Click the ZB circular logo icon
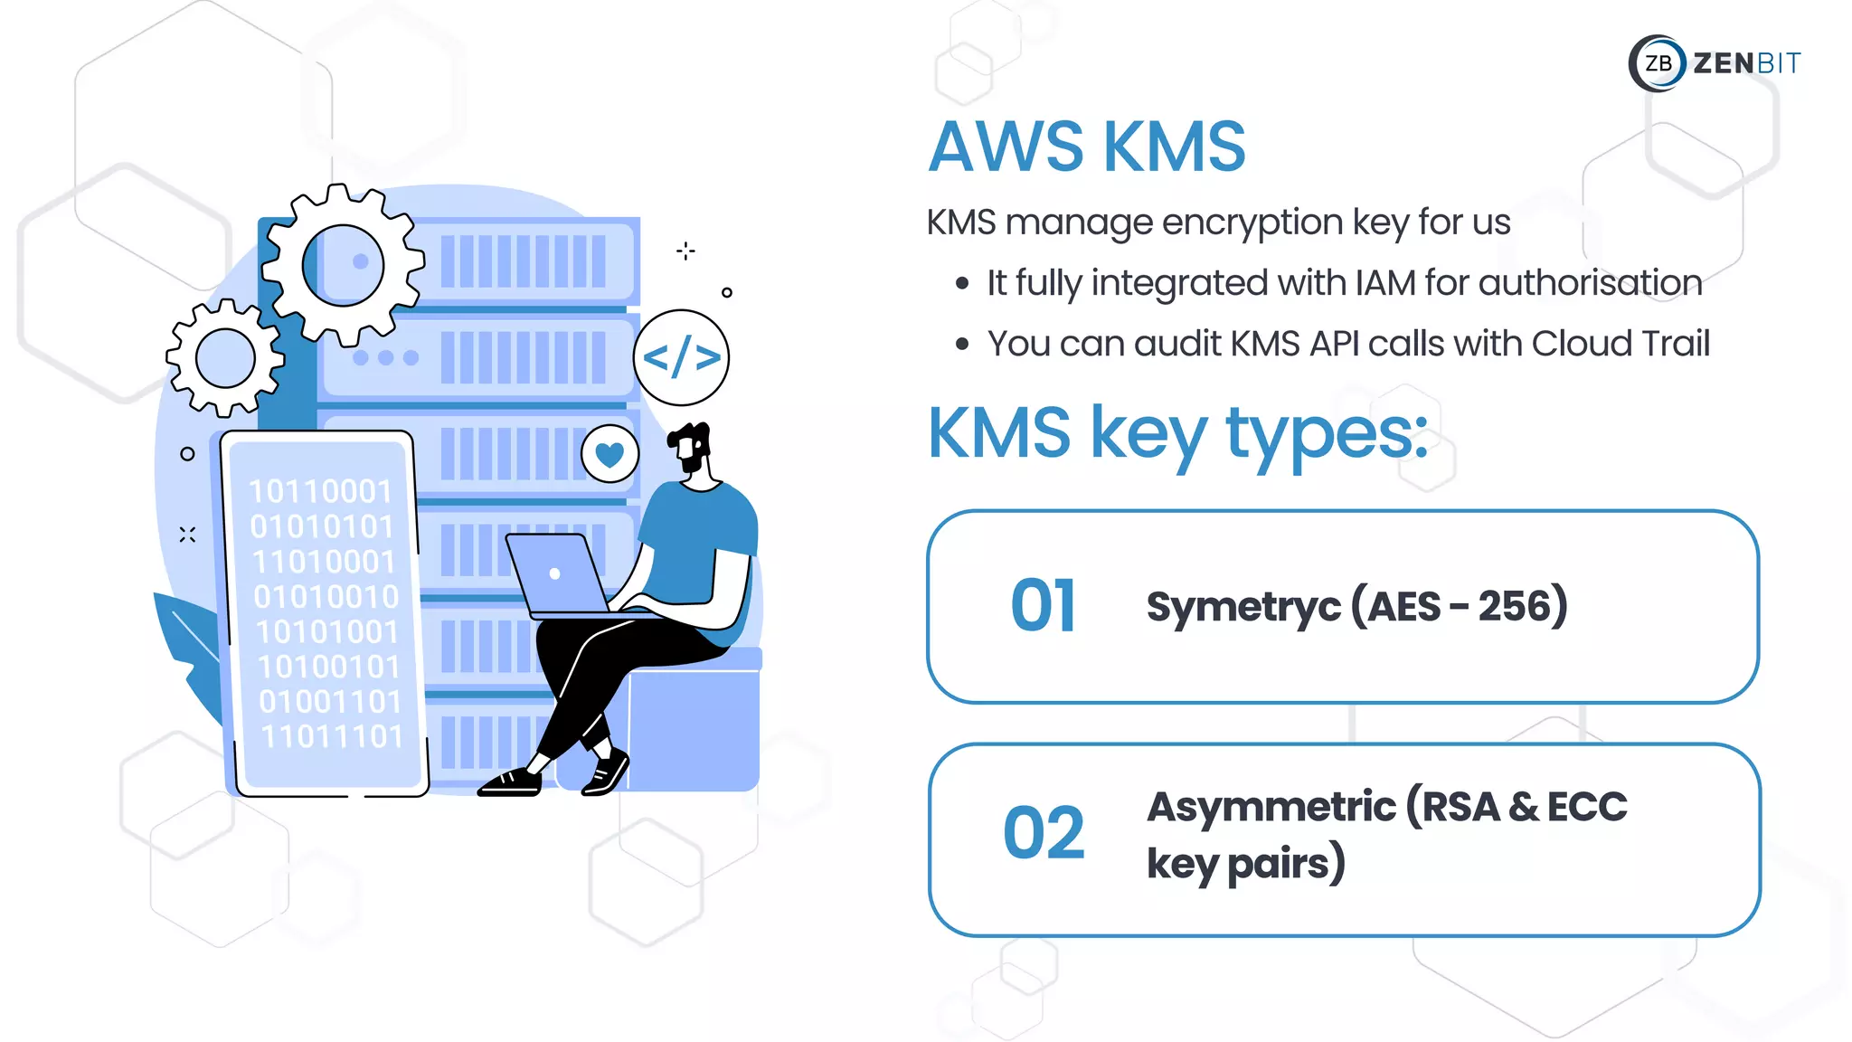[1658, 63]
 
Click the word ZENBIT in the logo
[1746, 63]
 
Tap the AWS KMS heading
[1087, 147]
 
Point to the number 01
[1044, 606]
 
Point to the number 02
[1044, 833]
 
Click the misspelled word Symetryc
[1243, 607]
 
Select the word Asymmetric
[1271, 807]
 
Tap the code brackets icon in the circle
[681, 358]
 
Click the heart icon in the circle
[609, 454]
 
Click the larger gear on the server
[343, 264]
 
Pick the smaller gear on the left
[225, 358]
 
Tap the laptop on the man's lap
[556, 573]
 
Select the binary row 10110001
[320, 491]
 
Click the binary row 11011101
[331, 736]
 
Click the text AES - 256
[1459, 607]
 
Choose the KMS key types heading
[1177, 434]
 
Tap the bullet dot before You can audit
[962, 345]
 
